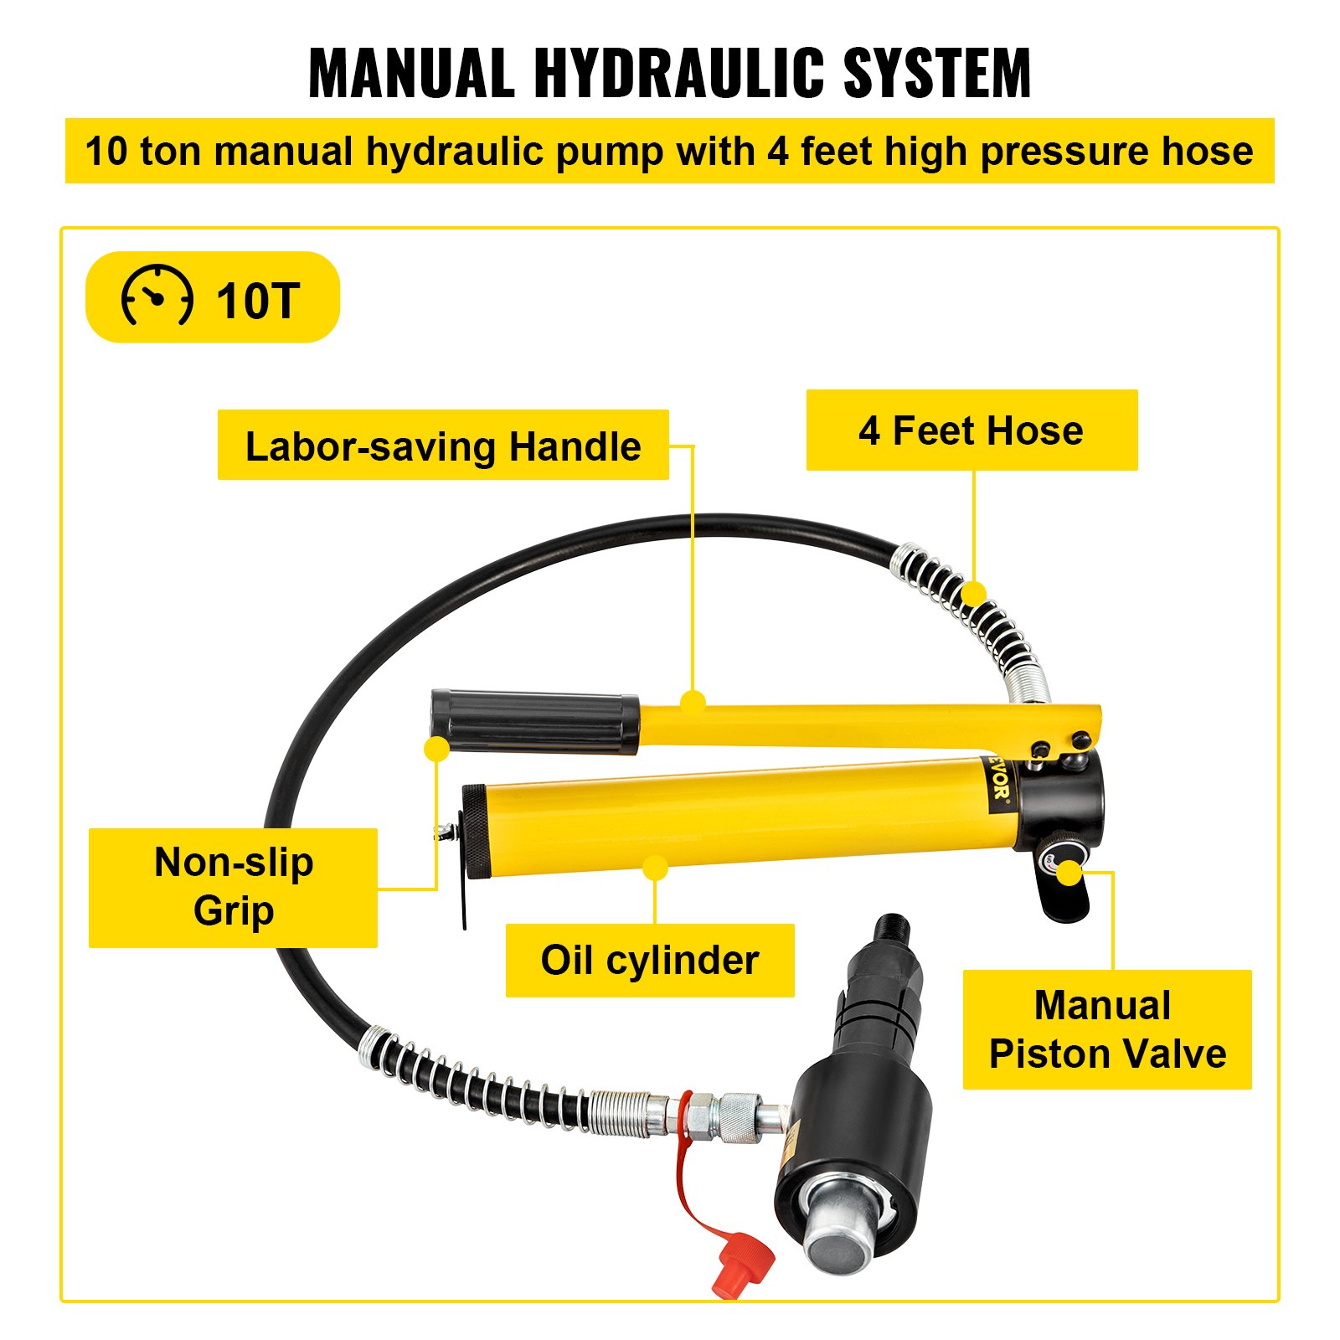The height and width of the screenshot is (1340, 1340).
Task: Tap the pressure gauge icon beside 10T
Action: (x=157, y=296)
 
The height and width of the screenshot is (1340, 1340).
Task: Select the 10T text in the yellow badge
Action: (x=257, y=301)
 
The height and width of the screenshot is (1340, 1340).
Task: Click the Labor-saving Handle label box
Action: (x=442, y=445)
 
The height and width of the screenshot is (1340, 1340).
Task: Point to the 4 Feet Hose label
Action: (x=971, y=430)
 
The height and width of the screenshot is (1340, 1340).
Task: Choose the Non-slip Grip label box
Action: (x=233, y=887)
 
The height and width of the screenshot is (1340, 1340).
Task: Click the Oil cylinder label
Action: (x=649, y=960)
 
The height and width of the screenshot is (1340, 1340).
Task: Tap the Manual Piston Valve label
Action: (x=1106, y=1029)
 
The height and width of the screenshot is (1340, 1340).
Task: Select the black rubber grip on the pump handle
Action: (x=534, y=721)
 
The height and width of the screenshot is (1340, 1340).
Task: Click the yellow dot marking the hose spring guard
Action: (x=973, y=593)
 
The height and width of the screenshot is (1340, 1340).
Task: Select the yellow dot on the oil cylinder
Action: (x=656, y=868)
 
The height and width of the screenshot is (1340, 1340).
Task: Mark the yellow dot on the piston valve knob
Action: (x=1069, y=874)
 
